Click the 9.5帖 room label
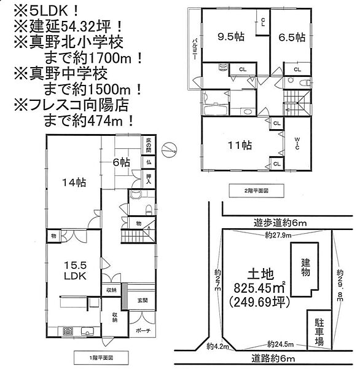point(231,37)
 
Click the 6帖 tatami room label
point(121,162)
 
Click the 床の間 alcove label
point(148,146)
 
